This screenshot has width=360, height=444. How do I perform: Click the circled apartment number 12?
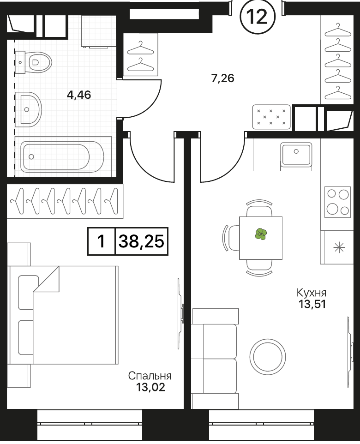click(258, 17)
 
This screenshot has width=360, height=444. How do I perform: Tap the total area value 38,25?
click(141, 241)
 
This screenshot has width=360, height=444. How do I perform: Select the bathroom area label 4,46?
click(79, 95)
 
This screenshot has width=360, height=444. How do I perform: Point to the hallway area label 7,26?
click(222, 78)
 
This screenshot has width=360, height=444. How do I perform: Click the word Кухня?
click(311, 292)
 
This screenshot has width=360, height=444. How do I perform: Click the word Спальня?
click(150, 376)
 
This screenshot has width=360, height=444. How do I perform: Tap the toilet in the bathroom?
click(33, 62)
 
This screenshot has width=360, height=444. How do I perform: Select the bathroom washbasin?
click(28, 109)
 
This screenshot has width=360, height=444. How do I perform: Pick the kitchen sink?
click(296, 154)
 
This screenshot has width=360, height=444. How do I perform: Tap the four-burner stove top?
click(337, 202)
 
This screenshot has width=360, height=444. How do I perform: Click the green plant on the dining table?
click(261, 234)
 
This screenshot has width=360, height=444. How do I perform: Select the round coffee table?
click(268, 356)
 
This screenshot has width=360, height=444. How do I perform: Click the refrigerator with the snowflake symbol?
click(337, 247)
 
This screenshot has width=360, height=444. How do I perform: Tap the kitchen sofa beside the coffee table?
click(215, 359)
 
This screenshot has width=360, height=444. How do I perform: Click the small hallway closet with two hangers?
click(140, 54)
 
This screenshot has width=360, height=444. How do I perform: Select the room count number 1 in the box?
click(101, 241)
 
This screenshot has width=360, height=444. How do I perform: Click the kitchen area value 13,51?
click(312, 304)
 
